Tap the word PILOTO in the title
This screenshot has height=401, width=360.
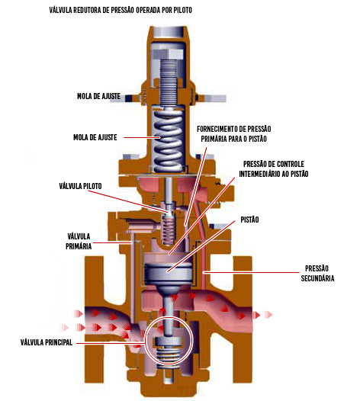(x=183, y=10)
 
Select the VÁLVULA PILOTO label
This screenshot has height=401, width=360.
(x=80, y=186)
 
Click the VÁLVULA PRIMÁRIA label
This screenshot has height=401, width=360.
(x=79, y=241)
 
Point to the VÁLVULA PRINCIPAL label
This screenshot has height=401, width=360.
(x=47, y=342)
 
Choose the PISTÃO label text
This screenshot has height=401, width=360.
(x=249, y=220)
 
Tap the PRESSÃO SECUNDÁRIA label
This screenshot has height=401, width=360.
(x=317, y=274)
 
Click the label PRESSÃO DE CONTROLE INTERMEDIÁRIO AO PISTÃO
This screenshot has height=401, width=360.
(x=274, y=168)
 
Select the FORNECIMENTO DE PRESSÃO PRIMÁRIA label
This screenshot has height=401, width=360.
(x=234, y=133)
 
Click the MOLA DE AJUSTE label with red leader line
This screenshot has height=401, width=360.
(x=95, y=137)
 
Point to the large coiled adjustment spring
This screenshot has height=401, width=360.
(x=168, y=140)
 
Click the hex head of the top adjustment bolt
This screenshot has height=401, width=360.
(x=168, y=54)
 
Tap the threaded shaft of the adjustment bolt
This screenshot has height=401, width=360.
(x=168, y=82)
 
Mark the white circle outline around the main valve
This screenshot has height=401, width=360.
(x=145, y=340)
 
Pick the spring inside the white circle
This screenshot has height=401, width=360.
(x=168, y=354)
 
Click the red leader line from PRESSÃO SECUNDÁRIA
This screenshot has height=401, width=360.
(x=250, y=273)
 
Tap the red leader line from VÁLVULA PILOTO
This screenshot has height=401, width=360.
(x=129, y=201)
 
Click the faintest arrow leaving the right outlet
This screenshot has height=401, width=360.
(x=268, y=315)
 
